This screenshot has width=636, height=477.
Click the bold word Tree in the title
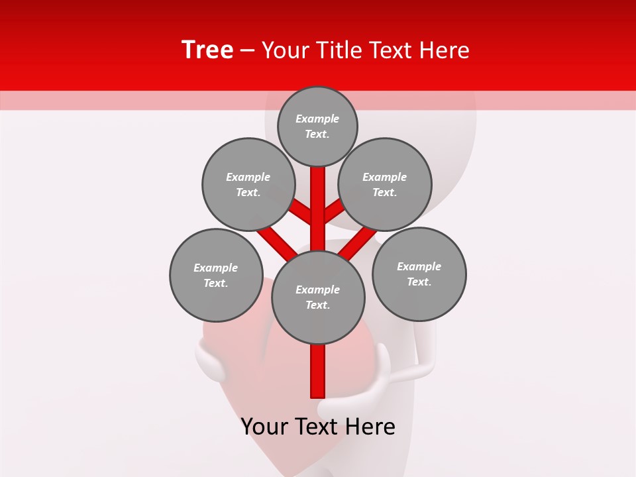[207, 50]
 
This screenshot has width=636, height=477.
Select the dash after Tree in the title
[247, 51]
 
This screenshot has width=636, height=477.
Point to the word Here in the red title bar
[444, 50]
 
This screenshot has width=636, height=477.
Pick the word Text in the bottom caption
[316, 427]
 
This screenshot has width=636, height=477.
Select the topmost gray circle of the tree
[317, 126]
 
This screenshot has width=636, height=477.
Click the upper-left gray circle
[248, 184]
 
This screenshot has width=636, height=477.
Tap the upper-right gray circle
[385, 184]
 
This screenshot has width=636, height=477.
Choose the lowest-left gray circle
[216, 276]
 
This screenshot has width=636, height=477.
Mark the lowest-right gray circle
[419, 274]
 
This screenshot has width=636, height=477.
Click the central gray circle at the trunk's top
[318, 297]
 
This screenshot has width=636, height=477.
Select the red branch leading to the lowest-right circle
[358, 242]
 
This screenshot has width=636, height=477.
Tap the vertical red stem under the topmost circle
[318, 199]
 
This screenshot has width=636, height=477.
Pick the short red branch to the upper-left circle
[301, 211]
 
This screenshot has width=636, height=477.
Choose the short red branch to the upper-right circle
[334, 211]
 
